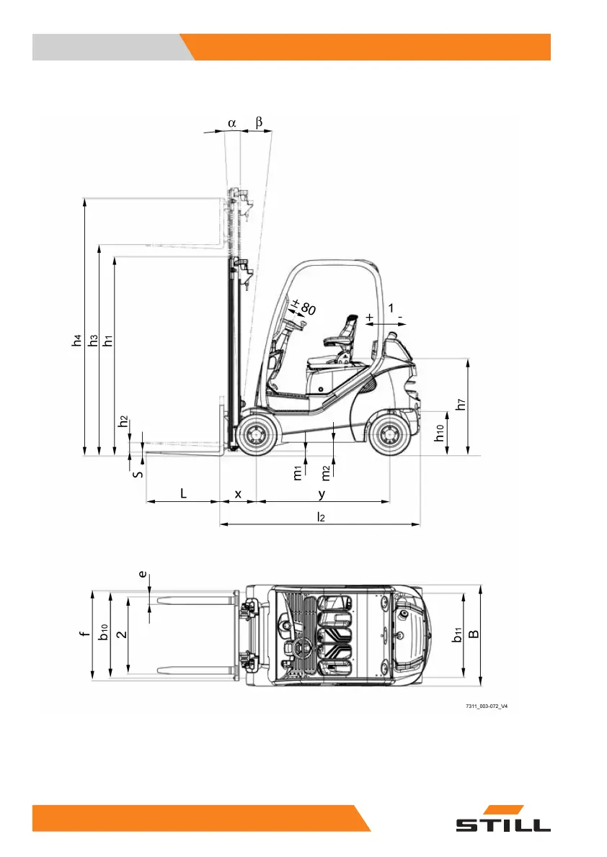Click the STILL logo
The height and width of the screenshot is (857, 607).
[503, 819]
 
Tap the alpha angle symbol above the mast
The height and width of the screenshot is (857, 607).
[232, 123]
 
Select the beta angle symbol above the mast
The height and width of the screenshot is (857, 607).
[259, 122]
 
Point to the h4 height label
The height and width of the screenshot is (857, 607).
[76, 340]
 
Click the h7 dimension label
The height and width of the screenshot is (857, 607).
[461, 404]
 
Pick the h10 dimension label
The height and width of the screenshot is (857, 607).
[440, 433]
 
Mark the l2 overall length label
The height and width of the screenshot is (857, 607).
[321, 516]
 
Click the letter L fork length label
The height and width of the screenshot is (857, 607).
[183, 493]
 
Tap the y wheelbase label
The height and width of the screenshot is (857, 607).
[322, 494]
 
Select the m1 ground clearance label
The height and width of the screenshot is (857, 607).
[298, 473]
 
